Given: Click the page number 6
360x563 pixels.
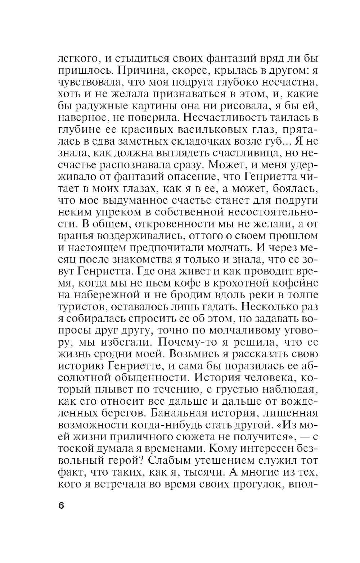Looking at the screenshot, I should pos(60,505).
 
